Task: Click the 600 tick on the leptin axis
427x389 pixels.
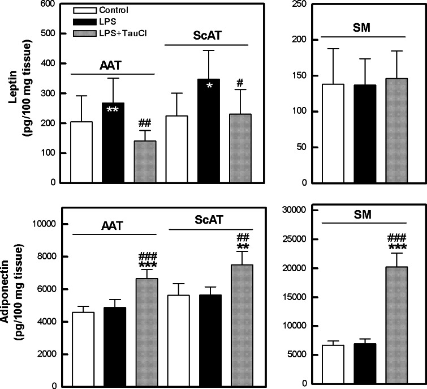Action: (x=50, y=4)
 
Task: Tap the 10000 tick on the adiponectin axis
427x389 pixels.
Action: (x=46, y=224)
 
